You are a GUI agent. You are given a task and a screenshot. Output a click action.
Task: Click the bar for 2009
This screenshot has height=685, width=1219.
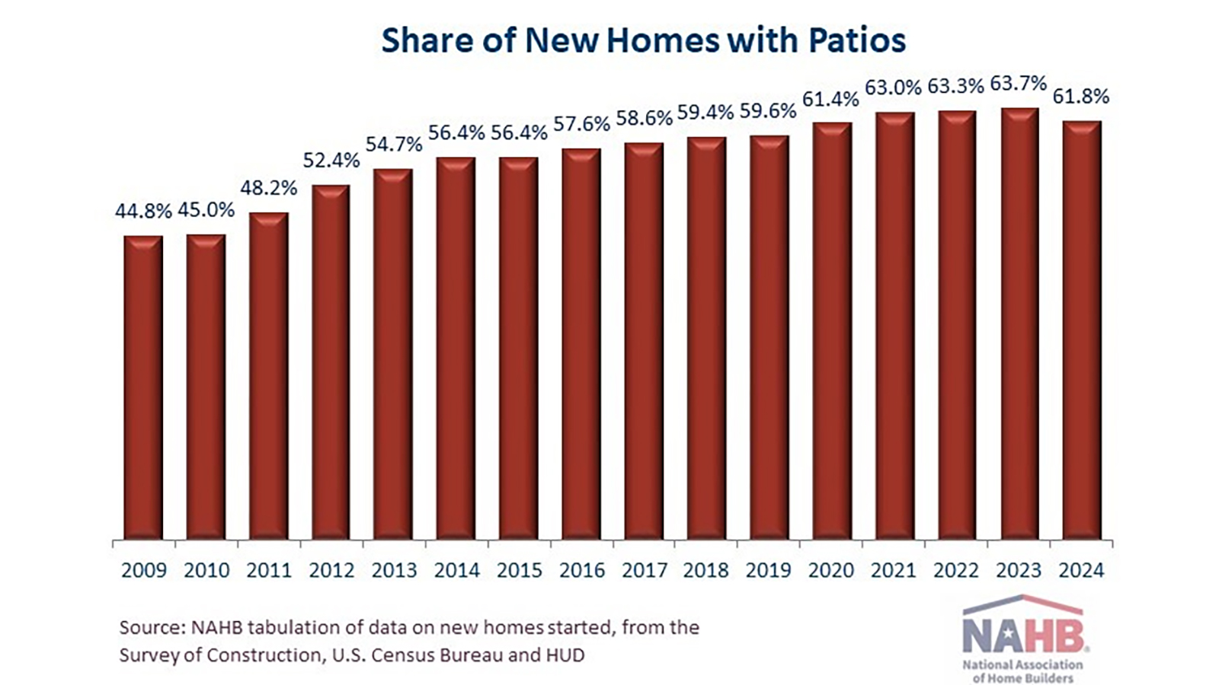[143, 388]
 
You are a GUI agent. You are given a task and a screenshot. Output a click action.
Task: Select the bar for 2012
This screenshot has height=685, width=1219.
[331, 362]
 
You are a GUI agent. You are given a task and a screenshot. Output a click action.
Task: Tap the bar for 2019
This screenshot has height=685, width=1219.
[769, 338]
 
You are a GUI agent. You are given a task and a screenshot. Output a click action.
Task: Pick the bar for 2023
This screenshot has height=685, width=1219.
[1019, 324]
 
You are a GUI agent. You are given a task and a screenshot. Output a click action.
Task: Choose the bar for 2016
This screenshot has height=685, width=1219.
[581, 344]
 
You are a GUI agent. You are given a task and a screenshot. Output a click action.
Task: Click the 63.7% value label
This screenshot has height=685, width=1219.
[1019, 83]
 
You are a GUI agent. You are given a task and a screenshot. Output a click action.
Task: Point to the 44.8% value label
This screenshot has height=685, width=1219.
[143, 211]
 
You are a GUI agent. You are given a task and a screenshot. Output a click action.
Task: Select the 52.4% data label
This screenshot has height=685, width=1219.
[331, 160]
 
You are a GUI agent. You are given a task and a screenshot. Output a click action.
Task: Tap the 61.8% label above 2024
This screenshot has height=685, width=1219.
[1081, 97]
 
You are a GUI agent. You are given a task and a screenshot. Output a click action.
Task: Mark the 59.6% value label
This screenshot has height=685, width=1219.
[769, 111]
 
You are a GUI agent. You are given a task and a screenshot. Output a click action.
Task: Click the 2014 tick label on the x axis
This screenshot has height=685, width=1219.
[456, 570]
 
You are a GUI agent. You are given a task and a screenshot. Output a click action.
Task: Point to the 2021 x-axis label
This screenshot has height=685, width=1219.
[894, 570]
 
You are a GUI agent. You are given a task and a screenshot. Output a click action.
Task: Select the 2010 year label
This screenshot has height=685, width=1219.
[206, 570]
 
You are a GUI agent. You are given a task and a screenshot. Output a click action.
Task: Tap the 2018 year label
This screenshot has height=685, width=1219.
[706, 570]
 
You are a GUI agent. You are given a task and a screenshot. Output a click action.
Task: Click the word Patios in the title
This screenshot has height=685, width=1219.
[857, 40]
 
